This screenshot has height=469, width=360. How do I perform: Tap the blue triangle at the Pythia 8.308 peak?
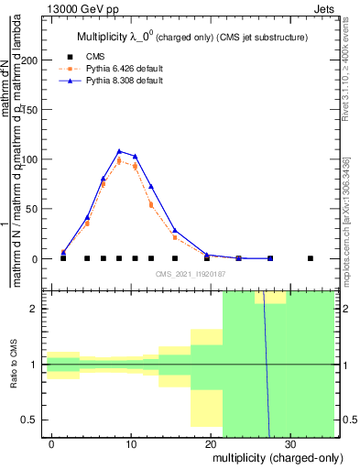pyautogui.click(x=119, y=151)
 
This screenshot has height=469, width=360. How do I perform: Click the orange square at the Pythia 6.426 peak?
pyautogui.click(x=119, y=161)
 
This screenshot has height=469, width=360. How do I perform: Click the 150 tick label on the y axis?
pyautogui.click(x=33, y=110)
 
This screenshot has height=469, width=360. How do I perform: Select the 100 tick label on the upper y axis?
pyautogui.click(x=33, y=159)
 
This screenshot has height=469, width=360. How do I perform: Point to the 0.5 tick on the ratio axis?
pyautogui.click(x=32, y=420)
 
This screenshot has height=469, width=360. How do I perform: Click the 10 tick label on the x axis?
pyautogui.click(x=131, y=444)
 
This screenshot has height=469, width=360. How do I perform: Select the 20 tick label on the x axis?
pyautogui.click(x=210, y=444)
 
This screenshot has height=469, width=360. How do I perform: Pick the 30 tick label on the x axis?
pyautogui.click(x=289, y=444)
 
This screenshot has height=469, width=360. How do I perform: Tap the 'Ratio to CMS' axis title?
pyautogui.click(x=12, y=365)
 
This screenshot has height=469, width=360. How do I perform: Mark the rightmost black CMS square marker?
pyautogui.click(x=311, y=258)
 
